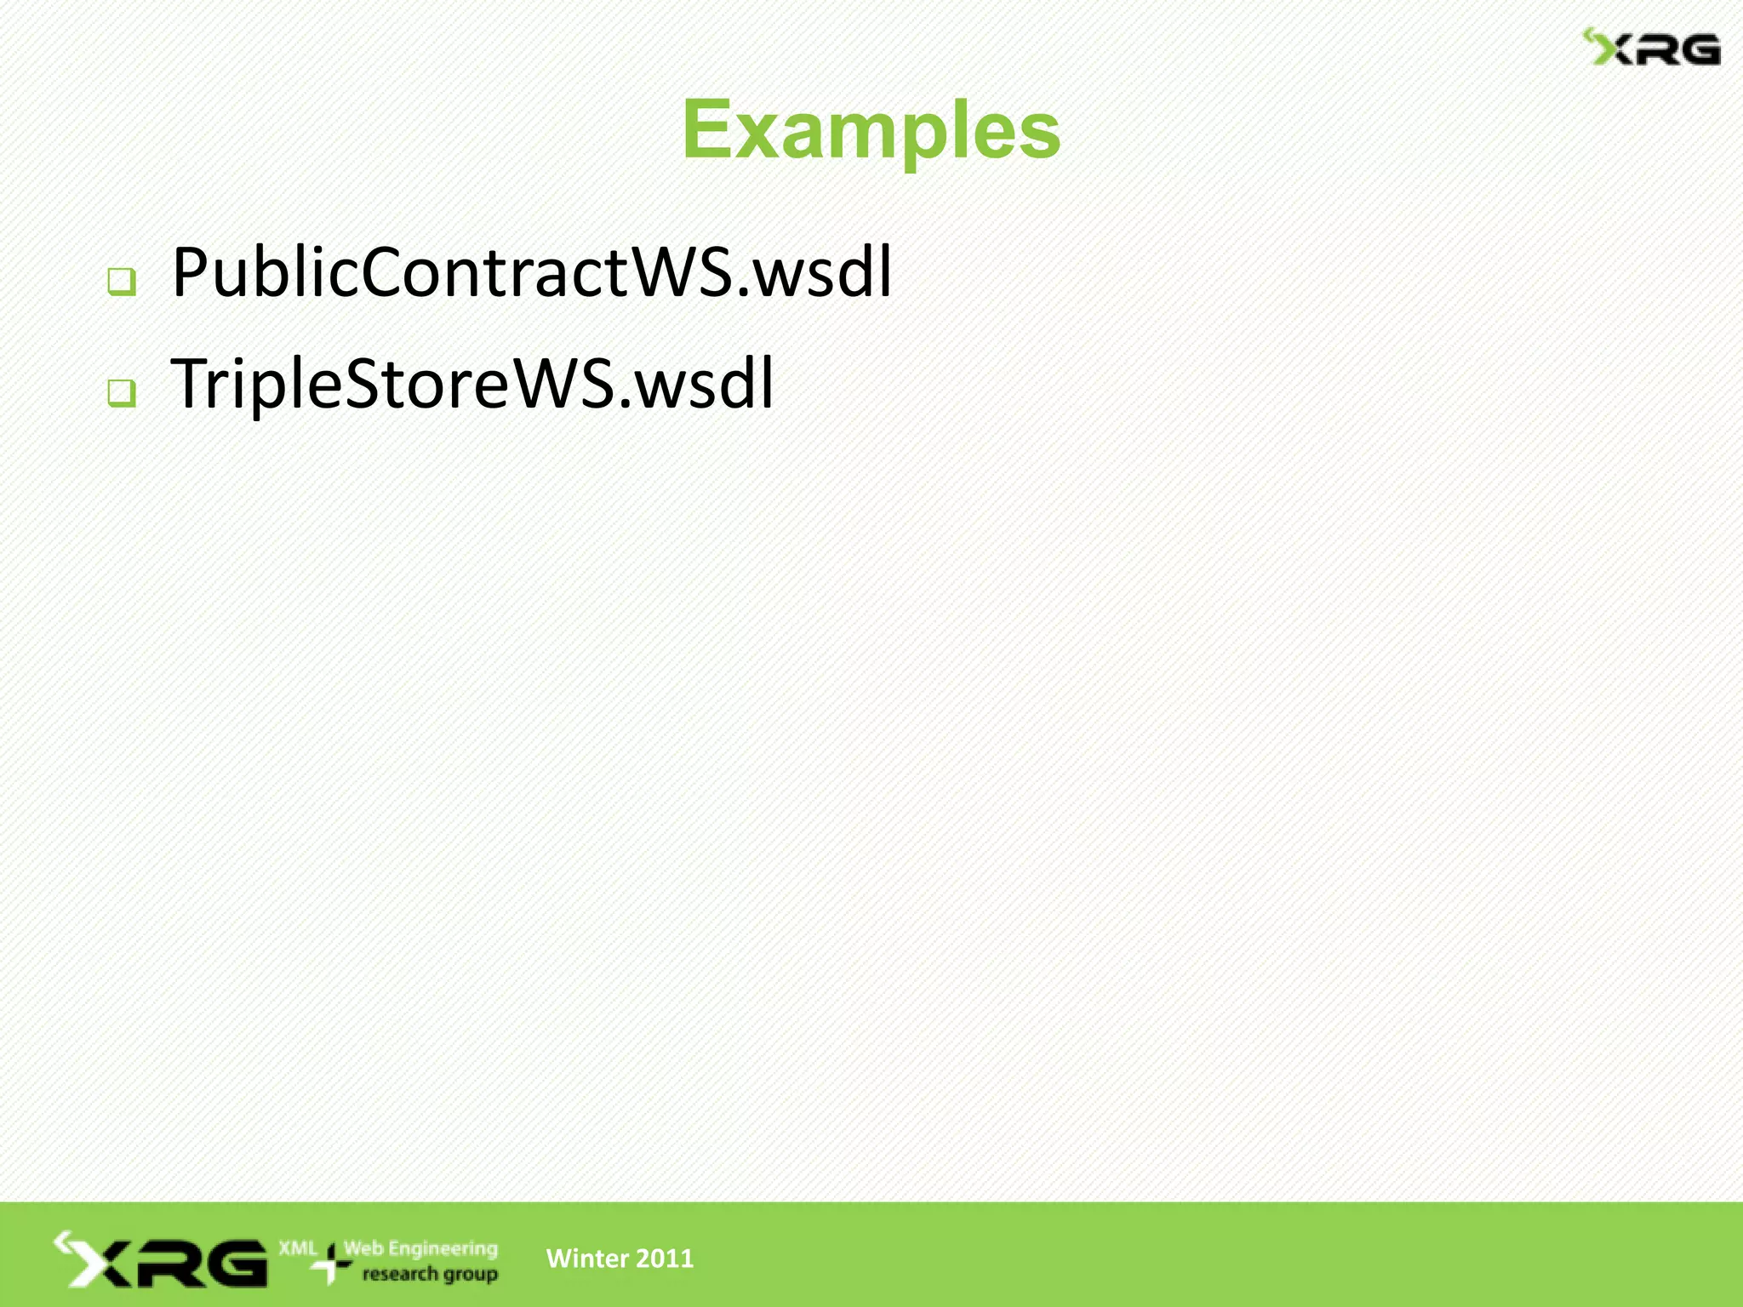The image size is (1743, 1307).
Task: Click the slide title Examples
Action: [871, 129]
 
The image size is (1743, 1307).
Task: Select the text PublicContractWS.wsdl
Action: [532, 272]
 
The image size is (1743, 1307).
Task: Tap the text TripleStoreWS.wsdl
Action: [472, 384]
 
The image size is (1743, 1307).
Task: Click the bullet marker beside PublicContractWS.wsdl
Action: [122, 282]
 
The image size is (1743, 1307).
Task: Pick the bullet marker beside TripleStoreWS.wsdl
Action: [122, 392]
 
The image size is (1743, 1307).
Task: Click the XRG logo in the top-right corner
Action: [1651, 48]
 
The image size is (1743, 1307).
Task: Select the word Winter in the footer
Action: [586, 1258]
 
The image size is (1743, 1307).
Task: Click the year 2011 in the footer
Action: [665, 1258]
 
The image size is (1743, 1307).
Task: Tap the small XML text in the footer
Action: [298, 1248]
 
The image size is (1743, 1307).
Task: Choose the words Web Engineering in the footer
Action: [420, 1248]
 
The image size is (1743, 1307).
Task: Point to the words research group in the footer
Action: [430, 1274]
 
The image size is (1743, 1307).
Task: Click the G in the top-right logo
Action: [1695, 50]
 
